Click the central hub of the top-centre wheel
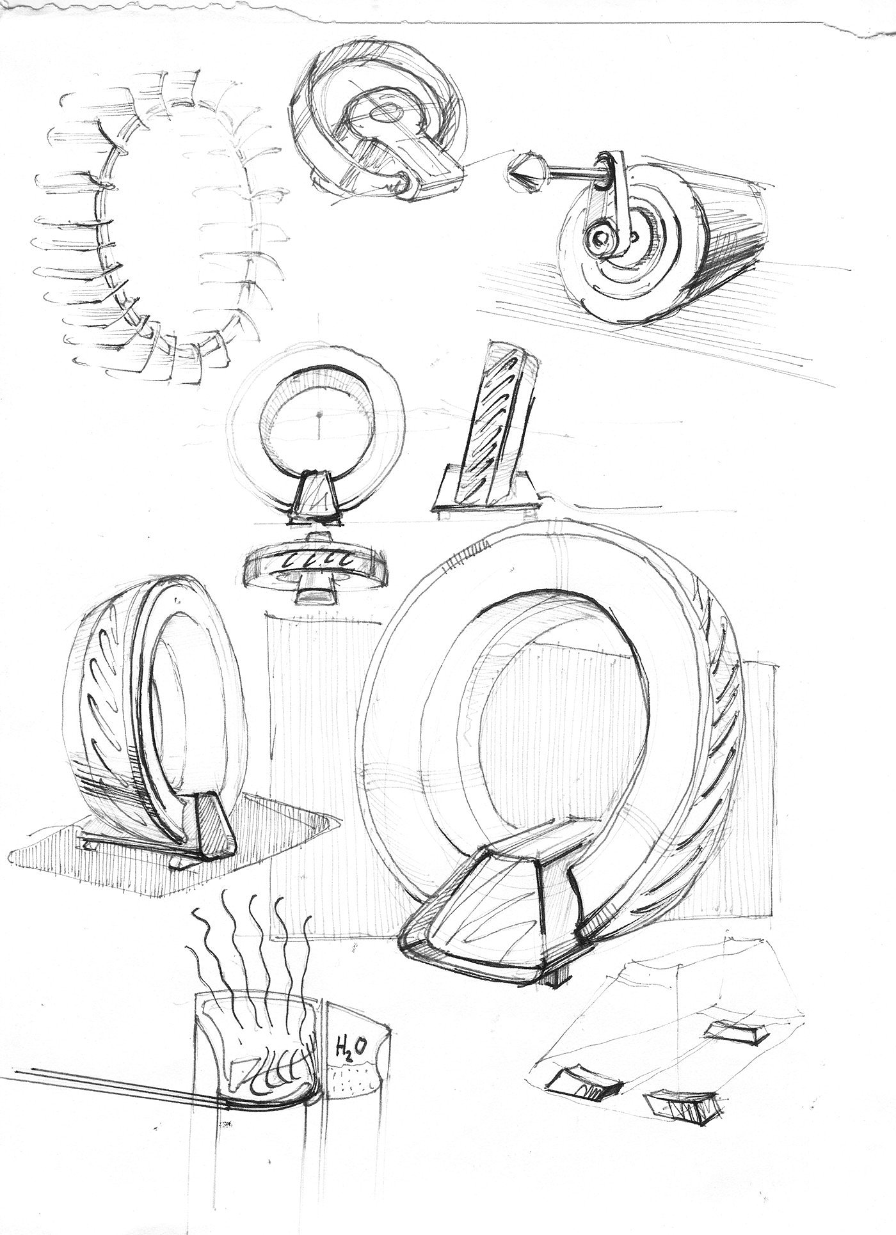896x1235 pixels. (386, 113)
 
